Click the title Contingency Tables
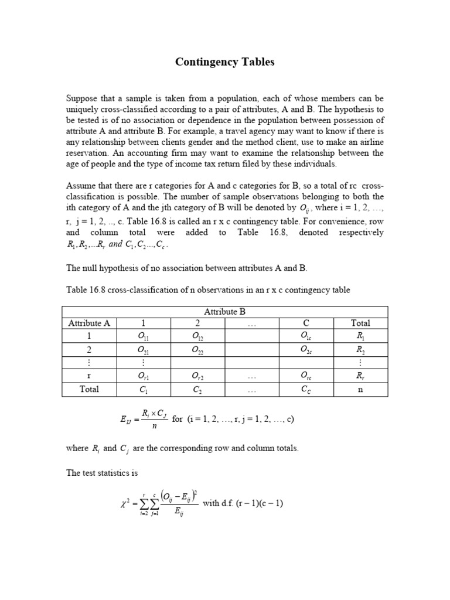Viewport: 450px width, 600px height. coord(225,62)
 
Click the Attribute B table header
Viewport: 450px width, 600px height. coord(224,311)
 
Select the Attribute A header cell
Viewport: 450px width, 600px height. coord(89,323)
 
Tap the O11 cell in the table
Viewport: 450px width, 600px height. coord(143,336)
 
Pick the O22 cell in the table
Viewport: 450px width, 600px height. coord(198,350)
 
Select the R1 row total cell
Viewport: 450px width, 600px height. coord(360,336)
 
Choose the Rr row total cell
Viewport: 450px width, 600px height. coord(360,376)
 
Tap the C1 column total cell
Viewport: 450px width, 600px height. coord(143,389)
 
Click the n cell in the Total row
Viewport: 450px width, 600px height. coord(360,389)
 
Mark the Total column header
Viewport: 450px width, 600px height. coord(360,323)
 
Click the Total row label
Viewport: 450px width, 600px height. coord(89,389)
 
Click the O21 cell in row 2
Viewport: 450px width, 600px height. coord(143,350)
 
